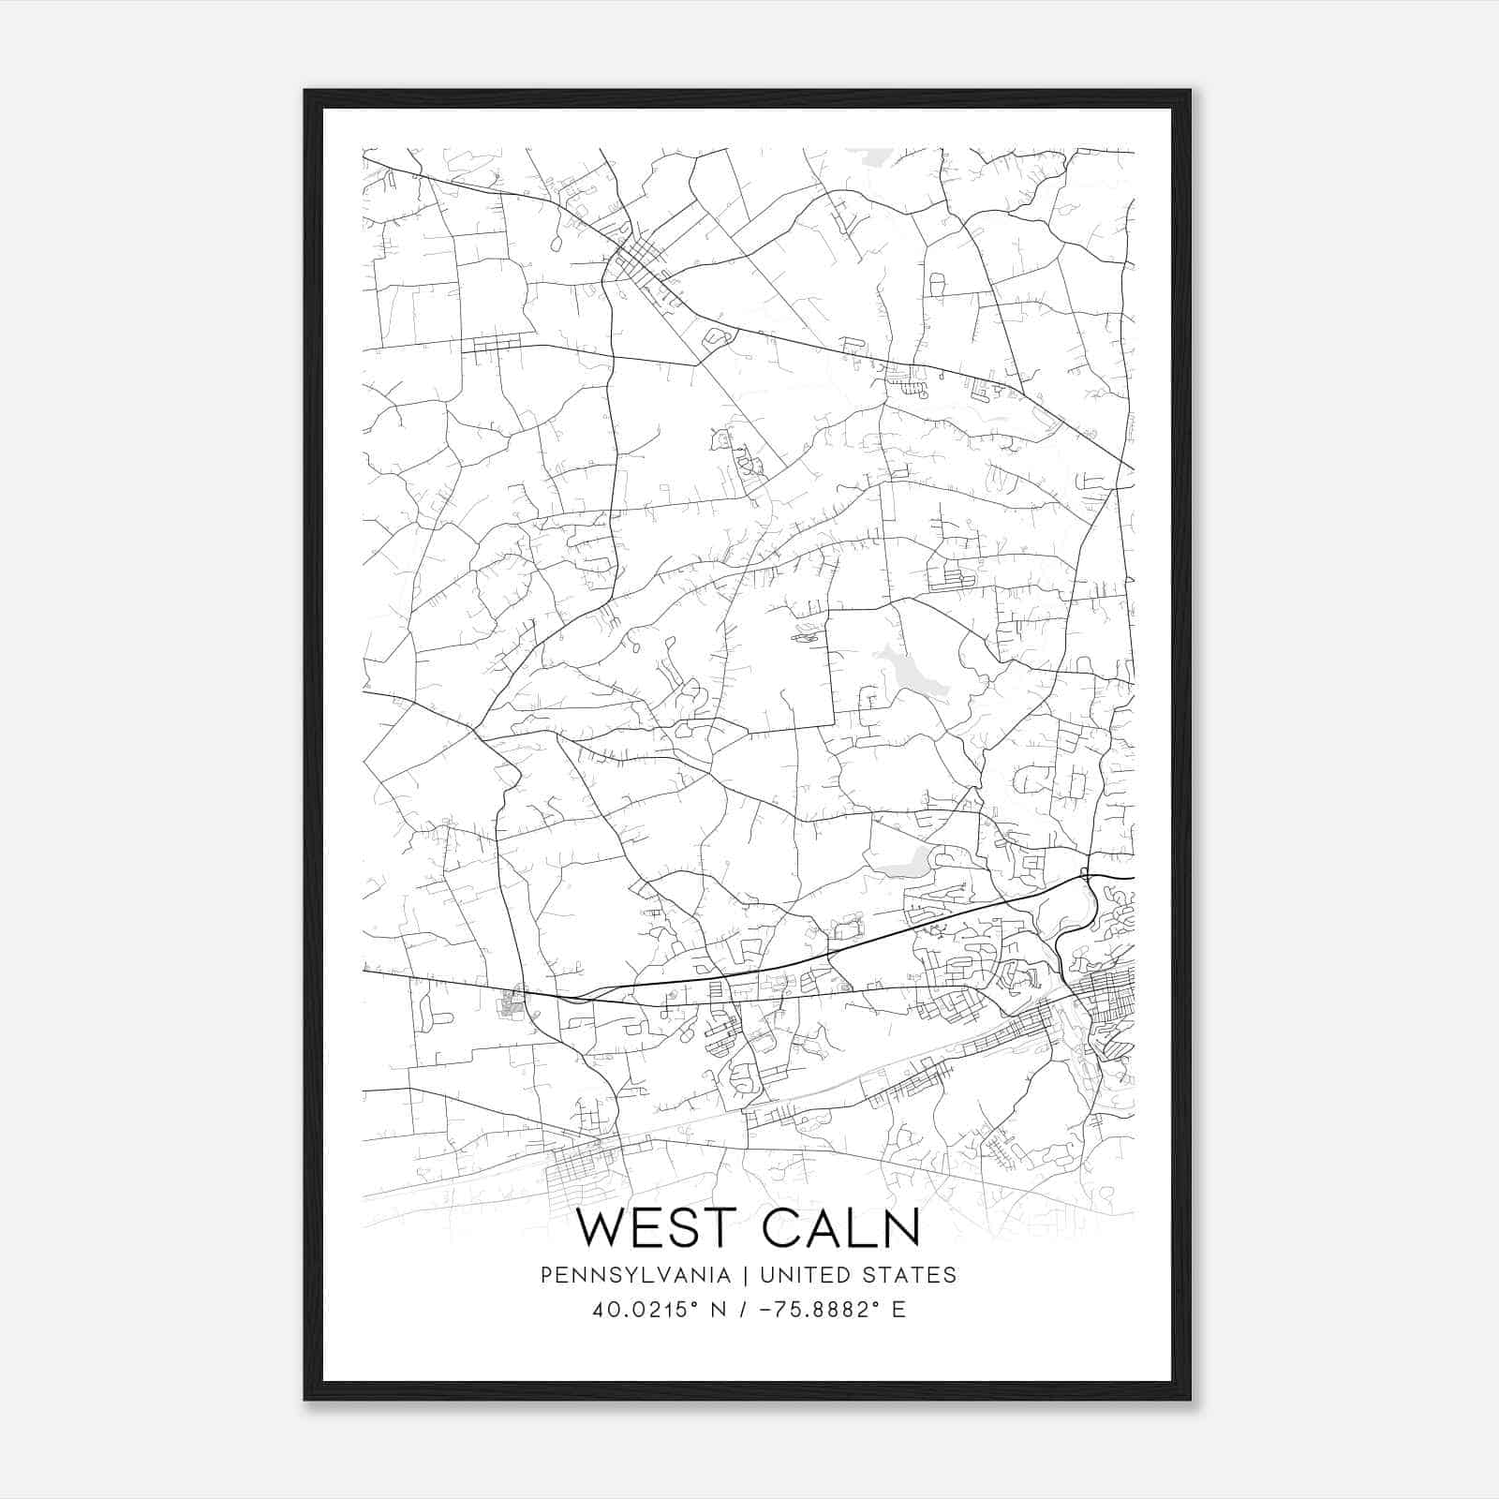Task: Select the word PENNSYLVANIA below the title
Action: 635,1275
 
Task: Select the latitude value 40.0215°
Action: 646,1310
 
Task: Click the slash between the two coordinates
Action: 744,1310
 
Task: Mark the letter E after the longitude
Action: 898,1310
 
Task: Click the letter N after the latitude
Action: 720,1310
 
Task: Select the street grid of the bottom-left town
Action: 586,1170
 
